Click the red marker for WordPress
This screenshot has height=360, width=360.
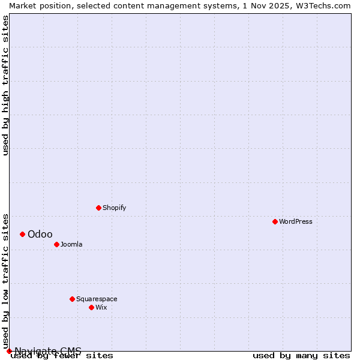(275, 221)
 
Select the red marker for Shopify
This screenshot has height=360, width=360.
(98, 208)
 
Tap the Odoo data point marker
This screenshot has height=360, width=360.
(22, 234)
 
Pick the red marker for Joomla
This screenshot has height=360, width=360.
(56, 244)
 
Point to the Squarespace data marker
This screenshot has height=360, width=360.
(72, 299)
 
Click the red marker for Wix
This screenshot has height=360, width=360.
(91, 307)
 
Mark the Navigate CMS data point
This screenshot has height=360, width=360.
(9, 351)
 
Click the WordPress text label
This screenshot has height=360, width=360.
(295, 221)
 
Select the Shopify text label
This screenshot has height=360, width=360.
(114, 208)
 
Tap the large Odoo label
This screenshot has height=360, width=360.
(40, 234)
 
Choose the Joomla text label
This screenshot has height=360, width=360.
(71, 244)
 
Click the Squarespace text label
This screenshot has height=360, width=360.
(97, 299)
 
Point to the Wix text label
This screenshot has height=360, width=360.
(101, 307)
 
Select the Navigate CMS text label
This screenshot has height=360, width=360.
(48, 351)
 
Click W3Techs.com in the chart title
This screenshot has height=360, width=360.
(324, 5)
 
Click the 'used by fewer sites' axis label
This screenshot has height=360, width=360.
(62, 356)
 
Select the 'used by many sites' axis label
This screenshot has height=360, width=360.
(301, 356)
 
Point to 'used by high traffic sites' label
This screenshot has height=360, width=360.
(5, 85)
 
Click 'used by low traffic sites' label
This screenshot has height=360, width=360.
(5, 281)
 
